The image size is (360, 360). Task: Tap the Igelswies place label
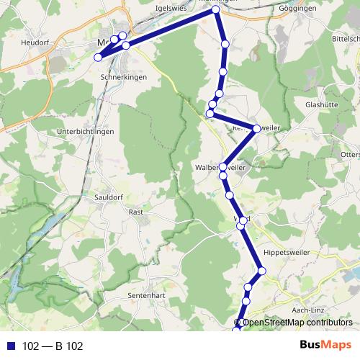point(171,8)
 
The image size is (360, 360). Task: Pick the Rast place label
point(135,212)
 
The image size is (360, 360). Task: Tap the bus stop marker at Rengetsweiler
point(257,129)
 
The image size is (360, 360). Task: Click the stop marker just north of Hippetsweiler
point(262,271)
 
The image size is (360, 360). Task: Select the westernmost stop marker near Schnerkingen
point(98,58)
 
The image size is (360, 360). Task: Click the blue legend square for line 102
point(11,346)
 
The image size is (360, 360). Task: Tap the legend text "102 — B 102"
point(53,346)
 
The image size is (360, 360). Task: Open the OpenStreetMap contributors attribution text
point(297,323)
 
